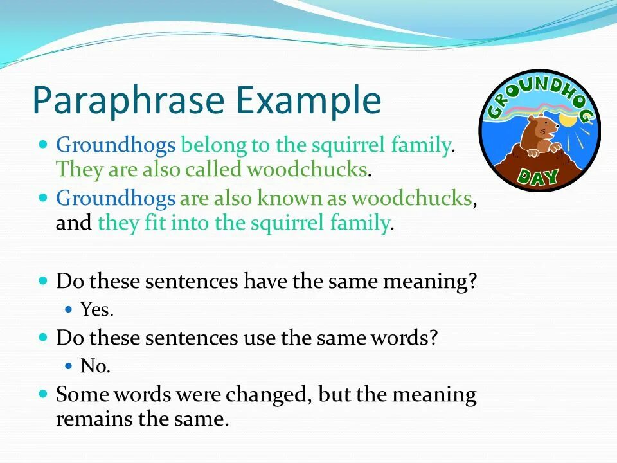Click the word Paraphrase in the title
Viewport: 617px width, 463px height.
[x=129, y=100]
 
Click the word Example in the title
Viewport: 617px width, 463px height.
[x=309, y=100]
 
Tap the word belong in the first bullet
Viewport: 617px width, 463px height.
[x=213, y=145]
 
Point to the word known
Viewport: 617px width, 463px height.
[x=289, y=197]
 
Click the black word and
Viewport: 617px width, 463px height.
[x=73, y=222]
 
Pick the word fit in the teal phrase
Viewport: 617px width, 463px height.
[x=155, y=222]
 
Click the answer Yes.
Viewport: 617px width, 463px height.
[x=97, y=309]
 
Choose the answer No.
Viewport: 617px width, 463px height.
[x=95, y=366]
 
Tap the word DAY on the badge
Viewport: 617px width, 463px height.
[x=539, y=176]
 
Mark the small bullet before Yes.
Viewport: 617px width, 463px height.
[x=69, y=309]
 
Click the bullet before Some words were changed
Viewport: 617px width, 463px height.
[x=43, y=394]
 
